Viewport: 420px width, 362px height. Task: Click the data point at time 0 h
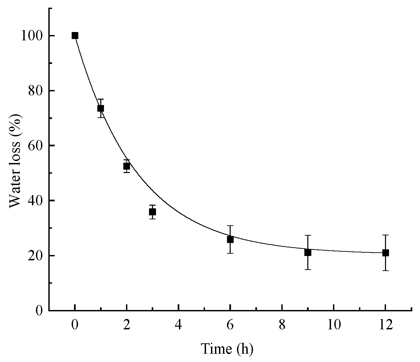75,36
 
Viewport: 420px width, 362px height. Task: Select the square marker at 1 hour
101,108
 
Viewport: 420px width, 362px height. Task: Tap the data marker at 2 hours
127,166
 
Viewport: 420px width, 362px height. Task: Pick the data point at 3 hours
153,212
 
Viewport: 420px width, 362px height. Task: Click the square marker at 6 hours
230,239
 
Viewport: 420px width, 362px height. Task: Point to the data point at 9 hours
308,252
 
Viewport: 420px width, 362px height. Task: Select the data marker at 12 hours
385,253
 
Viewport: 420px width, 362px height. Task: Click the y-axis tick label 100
32,36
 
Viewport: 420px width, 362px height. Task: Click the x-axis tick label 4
179,325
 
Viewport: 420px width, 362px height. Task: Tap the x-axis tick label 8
282,325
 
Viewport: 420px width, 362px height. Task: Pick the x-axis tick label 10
334,325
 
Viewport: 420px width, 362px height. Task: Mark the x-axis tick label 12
385,325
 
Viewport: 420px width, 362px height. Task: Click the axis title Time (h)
227,349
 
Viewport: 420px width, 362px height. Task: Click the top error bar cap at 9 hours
308,235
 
